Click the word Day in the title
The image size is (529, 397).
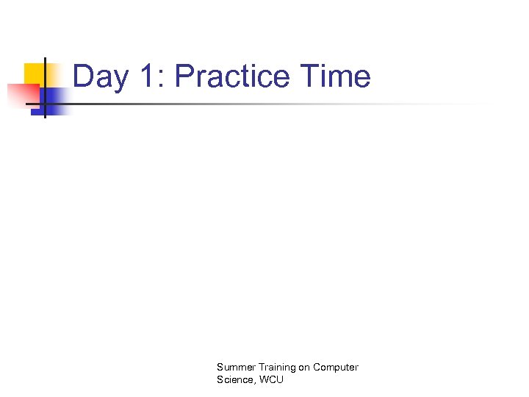click(x=98, y=76)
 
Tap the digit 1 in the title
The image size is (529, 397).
click(x=145, y=76)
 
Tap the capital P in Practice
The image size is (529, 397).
click(x=184, y=76)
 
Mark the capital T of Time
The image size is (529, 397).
click(x=309, y=76)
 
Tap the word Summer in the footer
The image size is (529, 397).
click(x=234, y=367)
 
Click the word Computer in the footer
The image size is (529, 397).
click(x=336, y=367)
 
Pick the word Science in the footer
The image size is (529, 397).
click(x=234, y=379)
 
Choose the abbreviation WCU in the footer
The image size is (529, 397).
click(x=270, y=379)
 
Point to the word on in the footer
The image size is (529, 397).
click(x=303, y=367)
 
